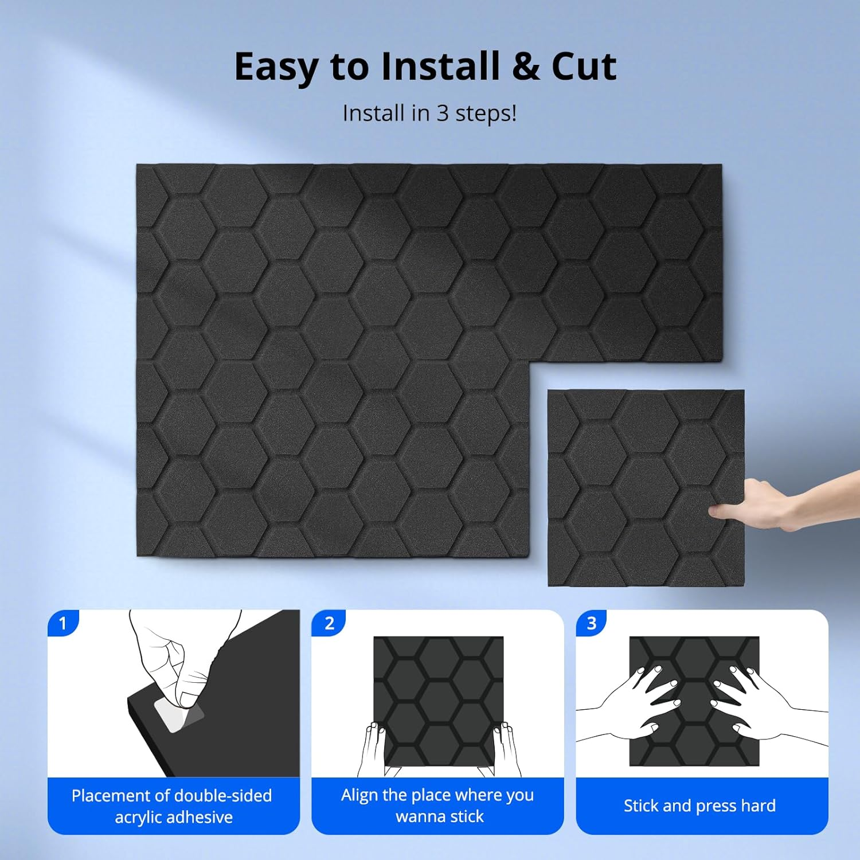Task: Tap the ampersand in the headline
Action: point(525,67)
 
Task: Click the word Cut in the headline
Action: point(584,67)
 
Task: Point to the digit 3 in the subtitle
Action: point(443,114)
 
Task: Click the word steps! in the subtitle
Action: point(486,114)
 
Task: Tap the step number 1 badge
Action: point(63,623)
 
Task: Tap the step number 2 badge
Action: point(329,623)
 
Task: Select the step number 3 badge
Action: point(592,623)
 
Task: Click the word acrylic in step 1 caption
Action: point(143,817)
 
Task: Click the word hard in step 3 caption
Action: point(757,806)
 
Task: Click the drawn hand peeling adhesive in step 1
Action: point(178,659)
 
